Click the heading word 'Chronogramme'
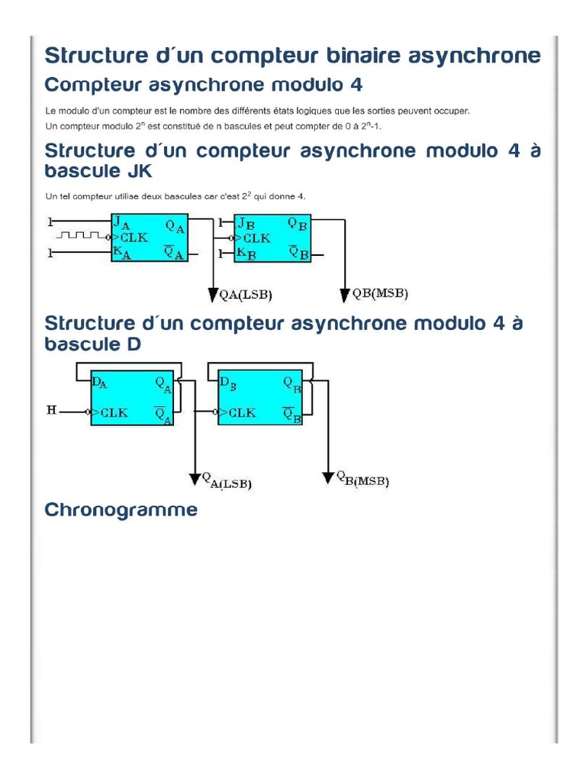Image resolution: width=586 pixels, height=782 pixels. (121, 510)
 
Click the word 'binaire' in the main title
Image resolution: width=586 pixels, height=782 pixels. (356, 56)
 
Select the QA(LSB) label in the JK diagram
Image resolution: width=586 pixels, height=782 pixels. (246, 295)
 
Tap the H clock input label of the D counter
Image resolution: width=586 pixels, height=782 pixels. (52, 411)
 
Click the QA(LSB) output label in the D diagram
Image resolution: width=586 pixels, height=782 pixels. (227, 480)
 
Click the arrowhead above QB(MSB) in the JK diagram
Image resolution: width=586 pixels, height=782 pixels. (345, 294)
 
